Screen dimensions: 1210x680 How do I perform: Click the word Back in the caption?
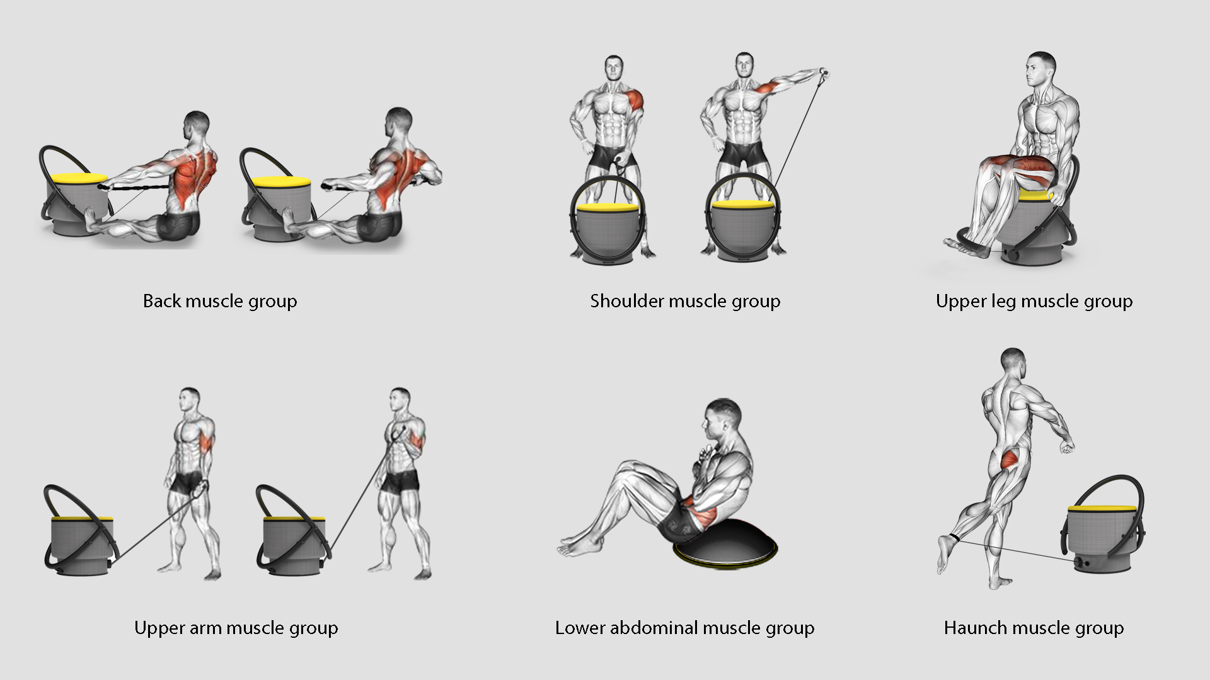pyautogui.click(x=162, y=301)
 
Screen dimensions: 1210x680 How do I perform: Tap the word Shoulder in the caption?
pyautogui.click(x=627, y=301)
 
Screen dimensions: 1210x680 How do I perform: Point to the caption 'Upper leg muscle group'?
pyautogui.click(x=1034, y=302)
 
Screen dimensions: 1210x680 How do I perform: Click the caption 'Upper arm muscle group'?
pyautogui.click(x=236, y=628)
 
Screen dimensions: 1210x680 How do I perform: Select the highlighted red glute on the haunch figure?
pyautogui.click(x=1011, y=460)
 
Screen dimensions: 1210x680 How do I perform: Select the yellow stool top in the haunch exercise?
pyautogui.click(x=1102, y=509)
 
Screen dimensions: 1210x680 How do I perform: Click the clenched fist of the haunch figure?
pyautogui.click(x=1066, y=446)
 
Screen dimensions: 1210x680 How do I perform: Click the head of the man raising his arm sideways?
pyautogui.click(x=744, y=66)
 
